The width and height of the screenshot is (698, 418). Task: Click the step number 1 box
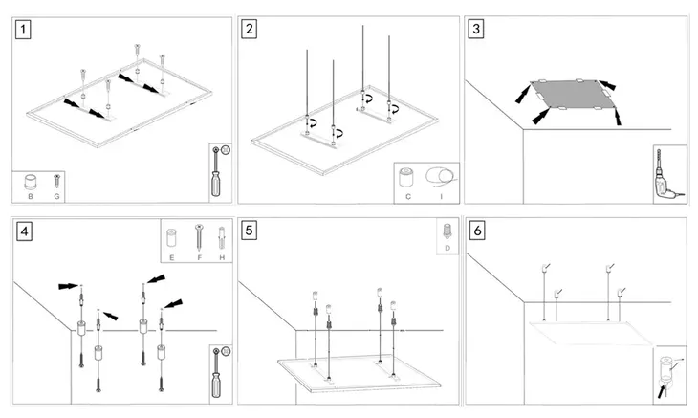(x=23, y=29)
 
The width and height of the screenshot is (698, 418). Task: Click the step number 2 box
(x=250, y=29)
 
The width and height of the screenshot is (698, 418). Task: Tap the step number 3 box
(x=476, y=29)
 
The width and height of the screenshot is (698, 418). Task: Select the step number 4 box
(x=23, y=231)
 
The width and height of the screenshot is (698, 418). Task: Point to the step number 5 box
(x=250, y=231)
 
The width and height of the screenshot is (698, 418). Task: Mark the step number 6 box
(x=476, y=231)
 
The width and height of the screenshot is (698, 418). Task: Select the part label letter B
(x=31, y=196)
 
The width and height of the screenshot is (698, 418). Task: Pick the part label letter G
(x=57, y=196)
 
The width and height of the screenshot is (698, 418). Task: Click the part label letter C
(x=408, y=196)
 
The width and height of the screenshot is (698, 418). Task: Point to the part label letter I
(x=441, y=196)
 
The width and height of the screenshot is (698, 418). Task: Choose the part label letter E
(x=173, y=257)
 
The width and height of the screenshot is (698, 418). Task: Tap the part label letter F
(x=198, y=257)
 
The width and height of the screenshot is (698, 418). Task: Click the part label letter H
(x=221, y=257)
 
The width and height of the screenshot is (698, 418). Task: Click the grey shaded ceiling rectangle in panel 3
(x=570, y=97)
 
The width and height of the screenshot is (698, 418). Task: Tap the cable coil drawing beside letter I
(x=441, y=176)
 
